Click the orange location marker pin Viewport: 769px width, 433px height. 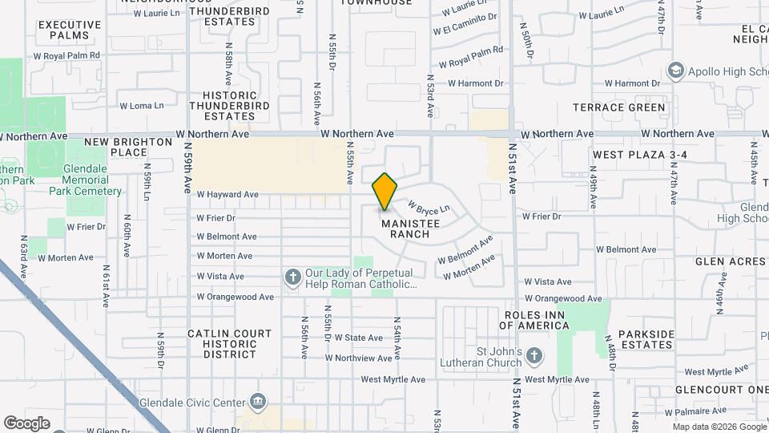(x=385, y=191)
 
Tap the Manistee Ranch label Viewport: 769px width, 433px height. (x=405, y=229)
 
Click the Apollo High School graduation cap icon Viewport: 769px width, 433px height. (x=675, y=71)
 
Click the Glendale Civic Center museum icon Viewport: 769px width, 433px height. (x=258, y=400)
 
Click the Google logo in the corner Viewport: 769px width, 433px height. (x=26, y=423)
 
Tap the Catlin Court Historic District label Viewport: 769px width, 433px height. (x=222, y=343)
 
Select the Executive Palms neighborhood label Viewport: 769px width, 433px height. (x=70, y=30)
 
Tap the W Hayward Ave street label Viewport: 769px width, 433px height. (x=227, y=194)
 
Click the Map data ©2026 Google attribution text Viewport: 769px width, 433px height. (x=719, y=427)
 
